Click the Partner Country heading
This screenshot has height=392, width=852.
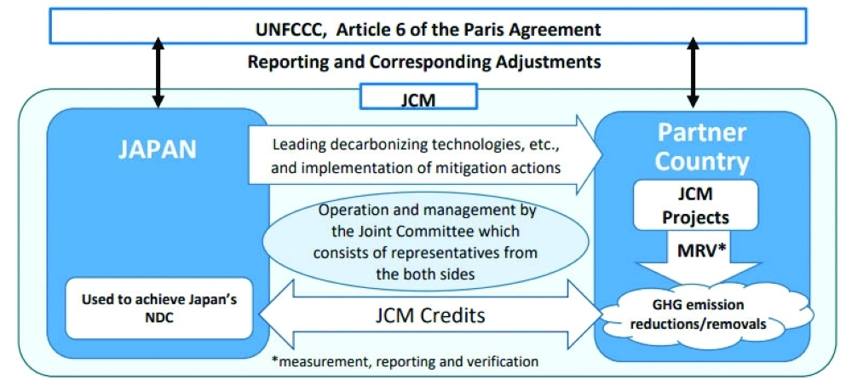[x=702, y=147]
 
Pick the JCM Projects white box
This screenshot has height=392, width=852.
[x=695, y=205]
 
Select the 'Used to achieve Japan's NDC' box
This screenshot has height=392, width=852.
[x=158, y=308]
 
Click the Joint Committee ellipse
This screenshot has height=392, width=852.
[x=426, y=239]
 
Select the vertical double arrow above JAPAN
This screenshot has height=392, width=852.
[x=158, y=72]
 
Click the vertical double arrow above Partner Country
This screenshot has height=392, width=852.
[x=692, y=72]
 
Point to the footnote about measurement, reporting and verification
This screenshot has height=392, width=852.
[x=405, y=361]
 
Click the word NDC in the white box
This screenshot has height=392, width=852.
[x=158, y=317]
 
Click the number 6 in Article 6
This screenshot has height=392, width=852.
[x=398, y=29]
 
